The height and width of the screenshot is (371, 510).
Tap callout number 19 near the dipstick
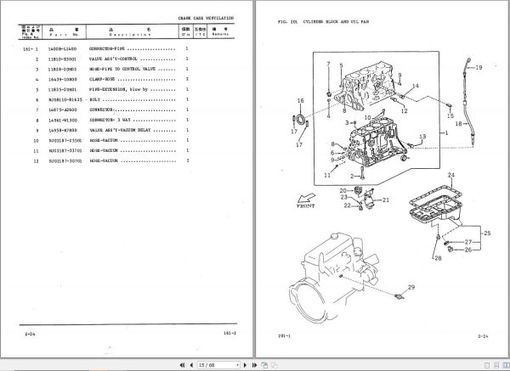(478, 67)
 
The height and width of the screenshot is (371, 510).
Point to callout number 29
(412, 289)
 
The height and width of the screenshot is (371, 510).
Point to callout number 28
(438, 257)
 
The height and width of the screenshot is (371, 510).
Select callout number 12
(404, 110)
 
